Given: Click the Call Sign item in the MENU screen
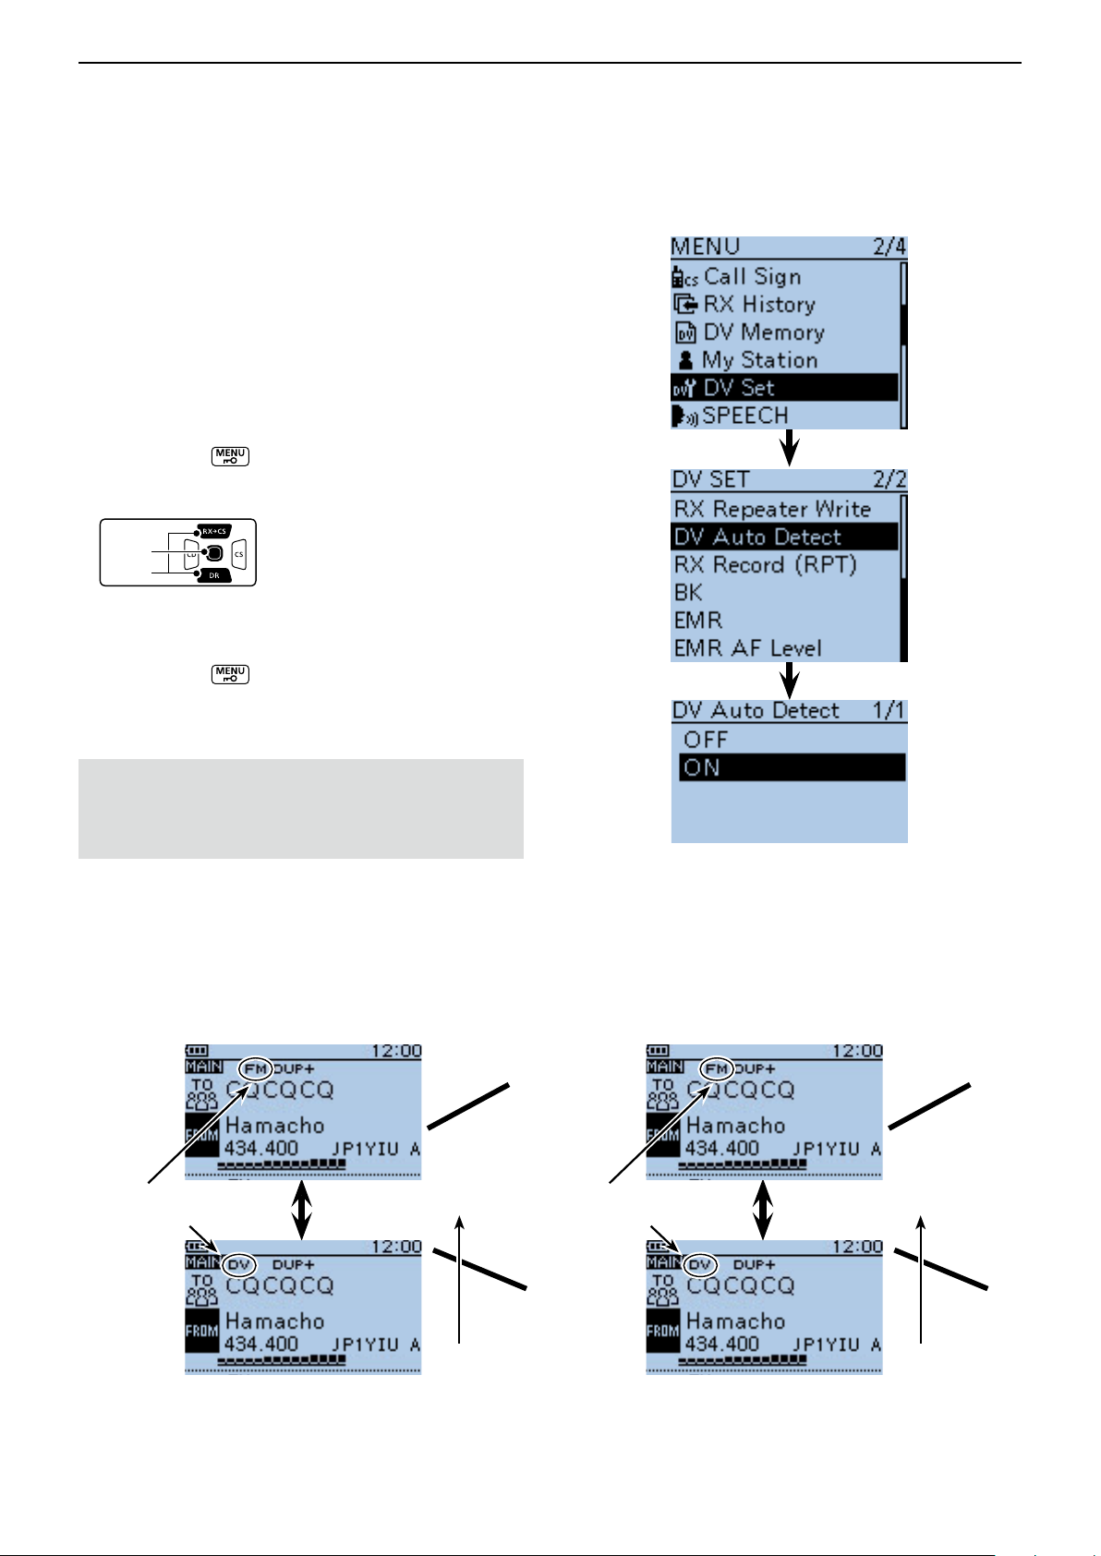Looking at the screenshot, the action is point(752,277).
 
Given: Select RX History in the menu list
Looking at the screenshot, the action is point(758,305).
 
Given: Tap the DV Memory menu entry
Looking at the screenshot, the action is point(763,332).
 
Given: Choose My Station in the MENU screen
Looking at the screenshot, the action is point(759,360).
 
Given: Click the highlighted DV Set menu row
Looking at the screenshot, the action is point(783,388).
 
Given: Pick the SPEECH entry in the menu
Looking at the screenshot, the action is point(744,416).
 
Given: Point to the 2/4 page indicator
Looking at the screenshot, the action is point(889,247).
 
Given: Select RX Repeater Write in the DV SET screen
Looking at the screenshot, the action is point(772,510).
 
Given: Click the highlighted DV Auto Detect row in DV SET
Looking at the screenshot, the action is point(783,537).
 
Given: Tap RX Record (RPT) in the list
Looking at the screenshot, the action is point(765,565).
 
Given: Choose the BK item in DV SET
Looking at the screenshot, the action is point(688,593).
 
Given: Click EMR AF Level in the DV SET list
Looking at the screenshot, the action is point(747,648).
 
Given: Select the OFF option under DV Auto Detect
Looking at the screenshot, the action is point(706,740).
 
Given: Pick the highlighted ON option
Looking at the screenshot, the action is point(792,767).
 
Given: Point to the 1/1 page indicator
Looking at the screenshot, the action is point(889,711).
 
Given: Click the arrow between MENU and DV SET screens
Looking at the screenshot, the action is point(789,449).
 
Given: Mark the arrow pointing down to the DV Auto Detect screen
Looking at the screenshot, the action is point(789,681).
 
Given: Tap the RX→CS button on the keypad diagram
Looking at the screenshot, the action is point(213,531).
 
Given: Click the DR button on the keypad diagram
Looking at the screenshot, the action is point(213,575).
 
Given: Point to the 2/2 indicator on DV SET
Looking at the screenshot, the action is point(889,480).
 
